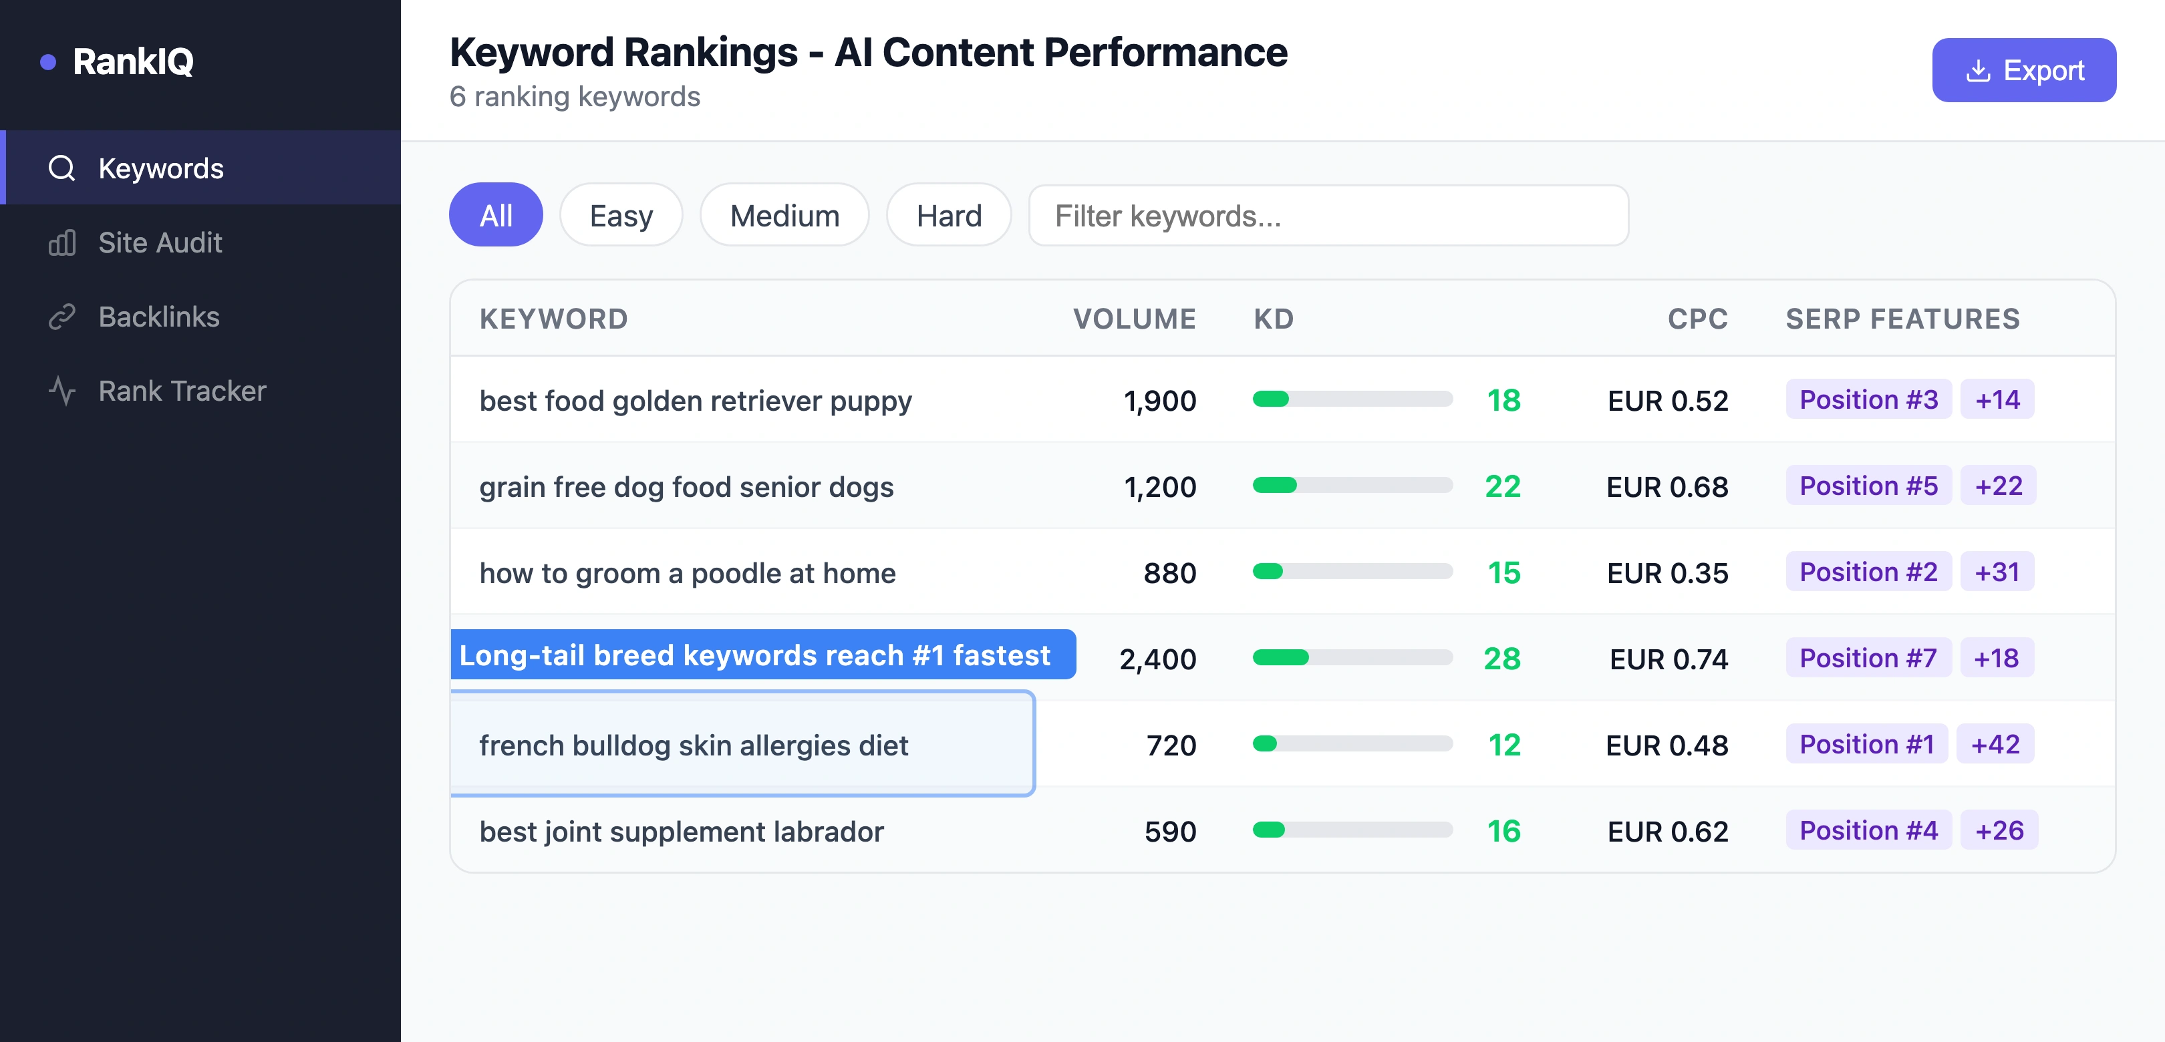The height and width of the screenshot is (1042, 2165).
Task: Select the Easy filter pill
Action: (620, 216)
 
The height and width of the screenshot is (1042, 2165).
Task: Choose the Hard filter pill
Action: (948, 216)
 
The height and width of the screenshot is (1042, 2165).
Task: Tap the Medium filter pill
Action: (783, 216)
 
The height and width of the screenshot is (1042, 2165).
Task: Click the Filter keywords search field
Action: (1328, 216)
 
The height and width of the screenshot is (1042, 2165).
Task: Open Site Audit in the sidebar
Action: (160, 243)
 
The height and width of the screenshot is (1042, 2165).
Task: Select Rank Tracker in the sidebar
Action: (182, 391)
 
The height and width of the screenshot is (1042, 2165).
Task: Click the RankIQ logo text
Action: (133, 61)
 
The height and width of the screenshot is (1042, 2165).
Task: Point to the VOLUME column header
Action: (1134, 319)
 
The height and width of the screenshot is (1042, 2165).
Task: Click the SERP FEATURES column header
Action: (1902, 319)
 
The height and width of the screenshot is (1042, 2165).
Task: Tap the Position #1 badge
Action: (1866, 745)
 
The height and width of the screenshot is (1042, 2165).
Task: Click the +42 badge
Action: (1995, 745)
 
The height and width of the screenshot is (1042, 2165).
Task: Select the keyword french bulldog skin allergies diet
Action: (694, 745)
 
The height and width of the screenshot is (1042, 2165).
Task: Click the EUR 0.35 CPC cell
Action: (1667, 573)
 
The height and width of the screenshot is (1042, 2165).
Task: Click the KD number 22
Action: (1502, 486)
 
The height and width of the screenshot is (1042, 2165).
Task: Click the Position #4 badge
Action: (1868, 830)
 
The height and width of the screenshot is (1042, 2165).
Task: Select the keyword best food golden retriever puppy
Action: (695, 401)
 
